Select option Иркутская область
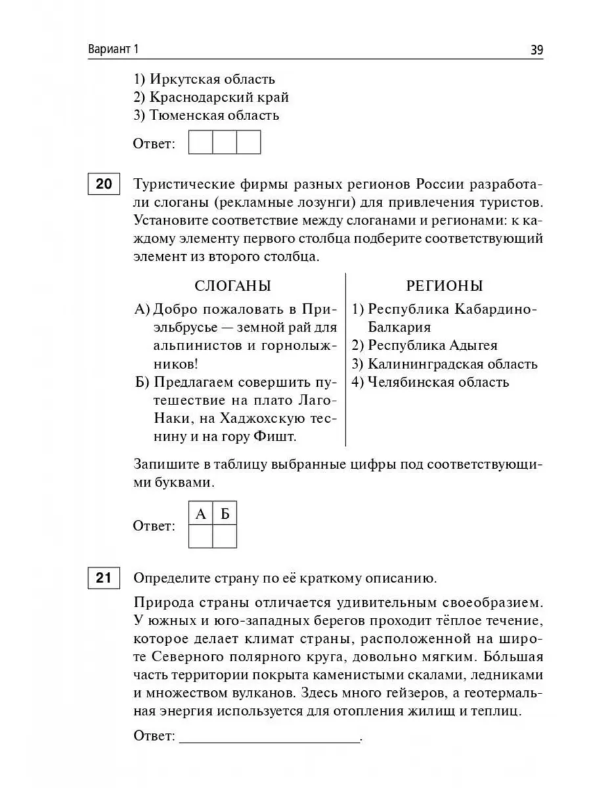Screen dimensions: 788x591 [204, 79]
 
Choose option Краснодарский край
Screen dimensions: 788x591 [211, 97]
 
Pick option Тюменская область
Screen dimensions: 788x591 [206, 116]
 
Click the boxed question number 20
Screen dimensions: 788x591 [103, 184]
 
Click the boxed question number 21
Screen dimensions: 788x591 [103, 579]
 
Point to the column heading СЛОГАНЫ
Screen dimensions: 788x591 [234, 286]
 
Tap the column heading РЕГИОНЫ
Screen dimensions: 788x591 [445, 286]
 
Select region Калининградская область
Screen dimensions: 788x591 [445, 363]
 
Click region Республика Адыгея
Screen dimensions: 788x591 [424, 345]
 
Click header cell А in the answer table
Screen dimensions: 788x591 [201, 514]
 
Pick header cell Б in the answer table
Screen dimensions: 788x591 [225, 514]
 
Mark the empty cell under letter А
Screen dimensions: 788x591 [201, 536]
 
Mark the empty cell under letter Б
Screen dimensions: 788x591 [225, 536]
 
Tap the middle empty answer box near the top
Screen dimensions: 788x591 [225, 142]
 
